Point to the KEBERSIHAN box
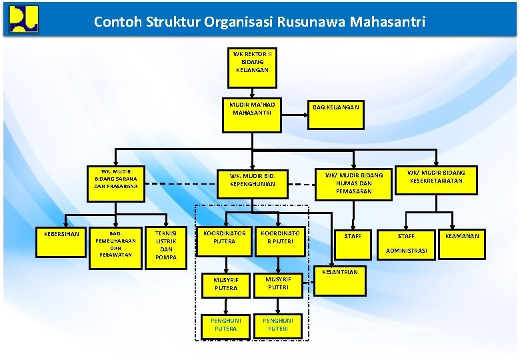pos(61,235)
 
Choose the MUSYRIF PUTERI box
pos(277,283)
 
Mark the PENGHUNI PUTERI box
pos(277,325)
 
